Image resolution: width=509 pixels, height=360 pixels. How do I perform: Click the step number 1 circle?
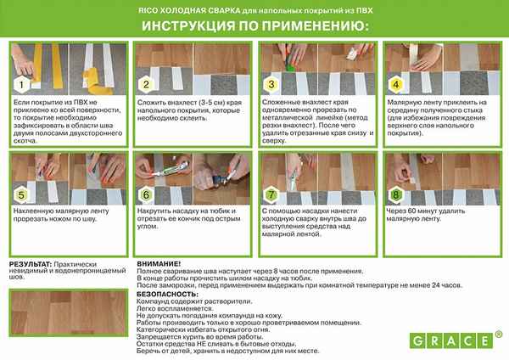(x=19, y=85)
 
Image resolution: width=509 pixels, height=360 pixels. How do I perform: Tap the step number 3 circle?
(x=271, y=85)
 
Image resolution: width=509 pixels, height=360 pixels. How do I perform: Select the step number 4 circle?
(x=395, y=85)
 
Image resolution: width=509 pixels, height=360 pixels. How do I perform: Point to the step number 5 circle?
(x=19, y=194)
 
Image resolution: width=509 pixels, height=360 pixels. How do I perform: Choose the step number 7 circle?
(x=271, y=194)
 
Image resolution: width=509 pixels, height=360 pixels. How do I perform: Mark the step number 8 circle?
(x=395, y=194)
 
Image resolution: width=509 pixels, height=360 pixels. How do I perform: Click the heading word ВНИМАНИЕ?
(x=157, y=265)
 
